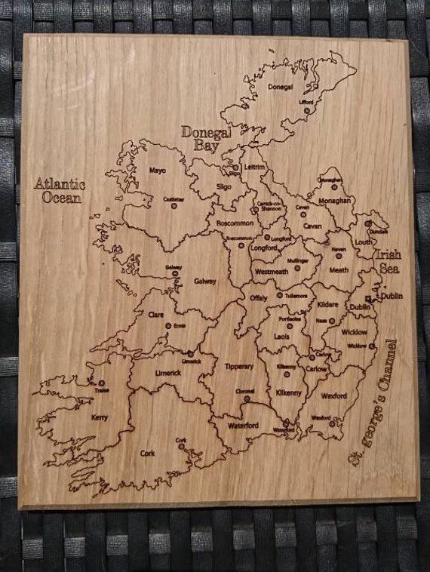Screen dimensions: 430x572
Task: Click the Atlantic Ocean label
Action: pos(59,190)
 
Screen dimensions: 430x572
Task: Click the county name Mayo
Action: pos(157,171)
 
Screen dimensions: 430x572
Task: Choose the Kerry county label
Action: pos(99,417)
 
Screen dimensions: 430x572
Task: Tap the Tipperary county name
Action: pos(239,366)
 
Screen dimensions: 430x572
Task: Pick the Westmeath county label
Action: pos(271,271)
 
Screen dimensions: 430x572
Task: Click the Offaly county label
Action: pos(258,298)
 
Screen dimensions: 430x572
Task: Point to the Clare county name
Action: pos(156,315)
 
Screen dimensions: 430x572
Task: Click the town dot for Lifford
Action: pos(307,110)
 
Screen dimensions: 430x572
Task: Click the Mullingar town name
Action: pos(299,260)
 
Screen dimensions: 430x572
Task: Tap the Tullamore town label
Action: pos(296,295)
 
